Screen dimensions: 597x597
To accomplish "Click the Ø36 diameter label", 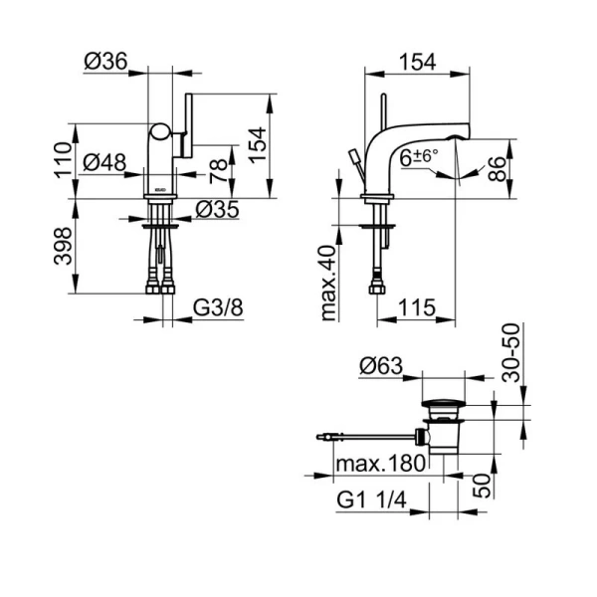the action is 105,61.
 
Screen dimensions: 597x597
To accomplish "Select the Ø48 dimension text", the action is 104,162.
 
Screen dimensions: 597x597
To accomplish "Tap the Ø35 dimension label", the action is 217,209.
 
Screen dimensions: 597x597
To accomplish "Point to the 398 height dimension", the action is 63,246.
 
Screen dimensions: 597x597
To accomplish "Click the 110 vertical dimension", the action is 63,160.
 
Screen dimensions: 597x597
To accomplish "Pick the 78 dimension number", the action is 219,171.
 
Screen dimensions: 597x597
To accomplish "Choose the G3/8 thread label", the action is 218,307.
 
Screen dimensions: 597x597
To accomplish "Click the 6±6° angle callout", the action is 419,157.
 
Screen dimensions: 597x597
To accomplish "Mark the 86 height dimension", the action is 497,169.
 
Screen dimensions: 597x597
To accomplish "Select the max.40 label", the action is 328,284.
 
